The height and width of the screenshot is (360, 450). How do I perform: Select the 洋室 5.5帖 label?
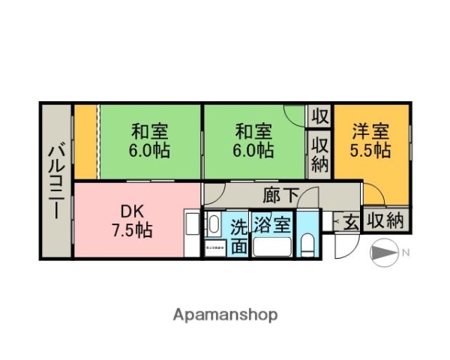pyautogui.click(x=371, y=140)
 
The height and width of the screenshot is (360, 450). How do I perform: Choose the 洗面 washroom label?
pyautogui.click(x=238, y=235)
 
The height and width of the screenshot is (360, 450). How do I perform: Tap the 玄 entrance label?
pyautogui.click(x=351, y=221)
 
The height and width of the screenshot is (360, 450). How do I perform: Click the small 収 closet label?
pyautogui.click(x=319, y=116)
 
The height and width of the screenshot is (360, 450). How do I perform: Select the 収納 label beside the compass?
pyautogui.click(x=386, y=221)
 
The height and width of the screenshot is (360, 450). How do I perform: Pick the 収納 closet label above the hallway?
pyautogui.click(x=319, y=154)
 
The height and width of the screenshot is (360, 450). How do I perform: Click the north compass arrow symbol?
pyautogui.click(x=384, y=253)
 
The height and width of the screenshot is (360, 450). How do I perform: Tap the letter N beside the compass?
pyautogui.click(x=405, y=253)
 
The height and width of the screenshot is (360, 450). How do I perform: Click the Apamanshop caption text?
pyautogui.click(x=225, y=314)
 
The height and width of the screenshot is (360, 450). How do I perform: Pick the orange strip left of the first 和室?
pyautogui.click(x=85, y=142)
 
